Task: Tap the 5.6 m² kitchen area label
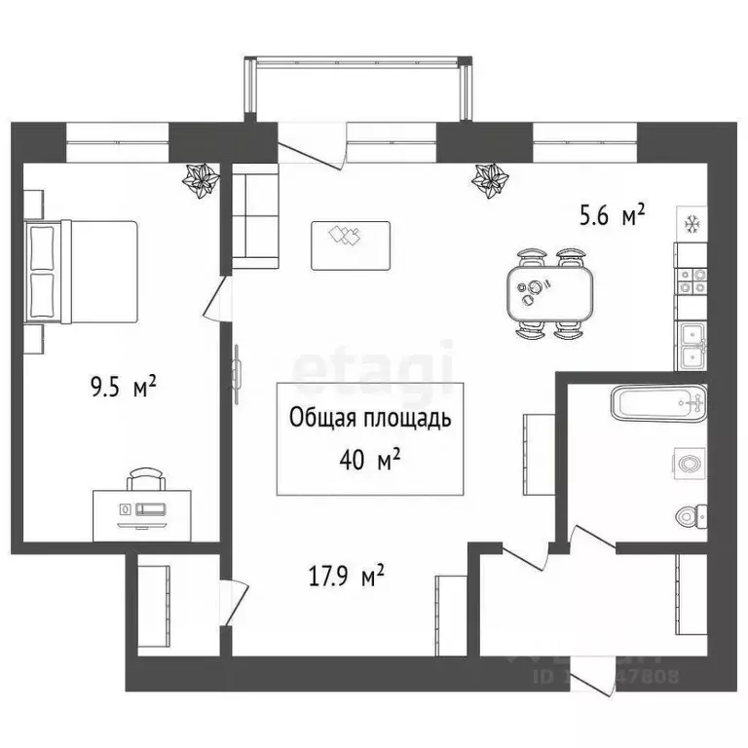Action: [613, 216]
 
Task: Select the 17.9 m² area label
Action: [345, 578]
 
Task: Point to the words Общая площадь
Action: [369, 419]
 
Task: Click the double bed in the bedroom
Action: [82, 273]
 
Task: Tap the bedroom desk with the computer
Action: [142, 509]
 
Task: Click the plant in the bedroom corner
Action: [202, 179]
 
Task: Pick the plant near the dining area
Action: [489, 179]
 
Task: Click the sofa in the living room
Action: [254, 217]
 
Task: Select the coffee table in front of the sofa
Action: [350, 244]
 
